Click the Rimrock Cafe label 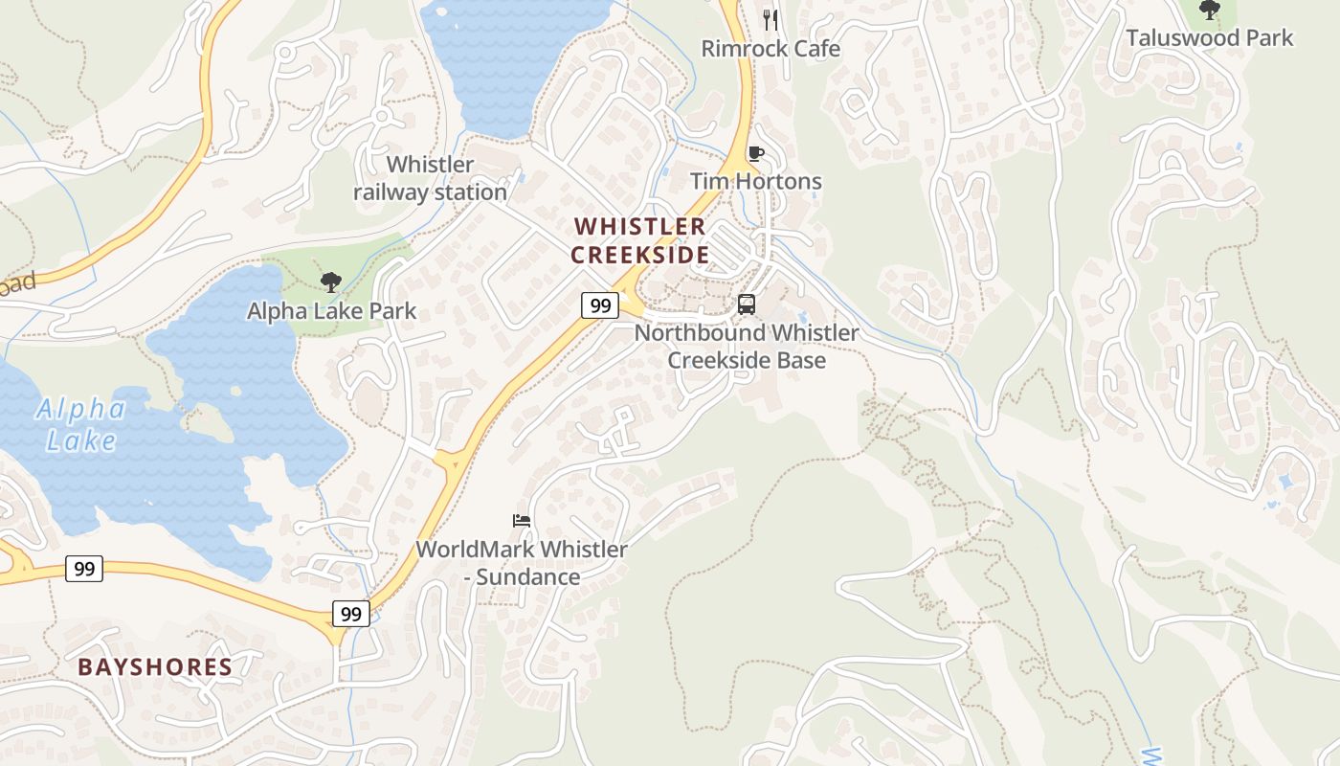point(770,49)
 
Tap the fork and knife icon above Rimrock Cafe point(770,19)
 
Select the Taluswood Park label point(1209,38)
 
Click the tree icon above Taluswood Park point(1210,11)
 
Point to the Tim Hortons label point(756,181)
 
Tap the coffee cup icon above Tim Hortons point(756,153)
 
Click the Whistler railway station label point(430,178)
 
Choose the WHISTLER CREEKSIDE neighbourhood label point(639,240)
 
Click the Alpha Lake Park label point(331,311)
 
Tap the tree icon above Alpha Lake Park point(331,282)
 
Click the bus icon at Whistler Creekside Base point(747,304)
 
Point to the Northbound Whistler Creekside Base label point(747,347)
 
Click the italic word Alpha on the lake point(81,411)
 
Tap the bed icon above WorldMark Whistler point(522,521)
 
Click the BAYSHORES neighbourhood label point(155,667)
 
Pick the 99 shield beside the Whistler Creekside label point(600,305)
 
